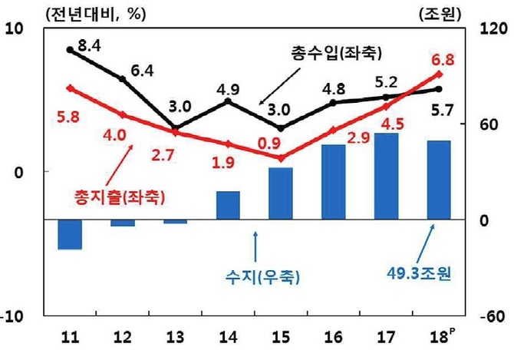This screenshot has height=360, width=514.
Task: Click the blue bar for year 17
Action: point(387,177)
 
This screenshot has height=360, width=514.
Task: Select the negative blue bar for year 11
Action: point(70,234)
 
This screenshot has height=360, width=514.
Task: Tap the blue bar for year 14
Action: point(228,205)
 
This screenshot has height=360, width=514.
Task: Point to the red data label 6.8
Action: point(444,59)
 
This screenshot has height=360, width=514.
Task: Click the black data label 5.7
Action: point(442,111)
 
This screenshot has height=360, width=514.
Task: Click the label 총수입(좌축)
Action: point(325,54)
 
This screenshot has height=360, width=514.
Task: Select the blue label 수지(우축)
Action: point(264,274)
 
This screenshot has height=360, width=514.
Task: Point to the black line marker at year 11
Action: point(70,50)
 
